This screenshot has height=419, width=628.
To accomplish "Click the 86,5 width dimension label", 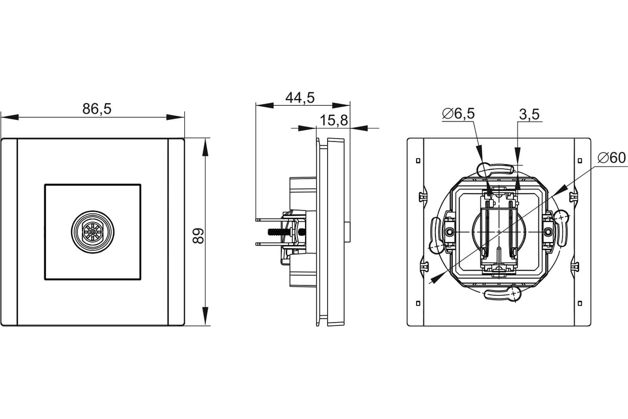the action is coord(97,108).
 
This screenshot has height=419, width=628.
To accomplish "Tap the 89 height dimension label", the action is coord(198,236).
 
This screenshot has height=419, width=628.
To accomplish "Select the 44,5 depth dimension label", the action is coord(300,97).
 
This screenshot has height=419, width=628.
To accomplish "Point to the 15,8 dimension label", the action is coord(334,120).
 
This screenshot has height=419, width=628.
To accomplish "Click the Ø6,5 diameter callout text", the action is coord(458,113).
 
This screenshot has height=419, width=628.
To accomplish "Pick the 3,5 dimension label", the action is coord(529,114).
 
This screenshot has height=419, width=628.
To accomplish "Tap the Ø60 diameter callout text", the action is coord(611,158).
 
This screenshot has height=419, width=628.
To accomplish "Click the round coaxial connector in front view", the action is coord(93,232).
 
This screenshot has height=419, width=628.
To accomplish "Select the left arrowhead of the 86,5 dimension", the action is coord(10,117).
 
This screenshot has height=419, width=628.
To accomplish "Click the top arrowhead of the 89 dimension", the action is coord(206,147).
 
